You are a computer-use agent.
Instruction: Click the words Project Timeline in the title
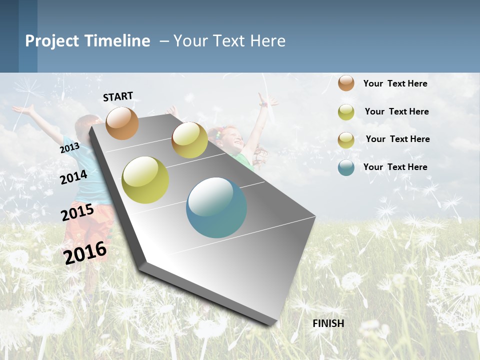[87, 41]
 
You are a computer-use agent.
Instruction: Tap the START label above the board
[118, 96]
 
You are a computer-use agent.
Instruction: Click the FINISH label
[328, 323]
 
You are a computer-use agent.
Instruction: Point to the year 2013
[69, 148]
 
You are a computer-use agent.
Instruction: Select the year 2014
[73, 177]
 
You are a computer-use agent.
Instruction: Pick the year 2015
[77, 212]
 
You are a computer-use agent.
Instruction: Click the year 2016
[85, 252]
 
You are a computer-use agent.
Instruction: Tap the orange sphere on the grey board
[122, 123]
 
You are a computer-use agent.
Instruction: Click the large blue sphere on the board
[216, 207]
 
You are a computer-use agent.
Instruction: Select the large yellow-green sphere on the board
[145, 180]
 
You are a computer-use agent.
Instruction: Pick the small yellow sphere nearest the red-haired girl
[189, 140]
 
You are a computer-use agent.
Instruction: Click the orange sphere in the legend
[346, 83]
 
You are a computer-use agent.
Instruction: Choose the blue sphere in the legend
[346, 167]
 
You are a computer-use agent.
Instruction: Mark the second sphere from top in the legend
[346, 112]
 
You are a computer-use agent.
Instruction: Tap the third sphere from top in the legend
[346, 140]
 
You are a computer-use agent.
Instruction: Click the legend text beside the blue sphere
[395, 167]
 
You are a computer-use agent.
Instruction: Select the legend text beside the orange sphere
[395, 83]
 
